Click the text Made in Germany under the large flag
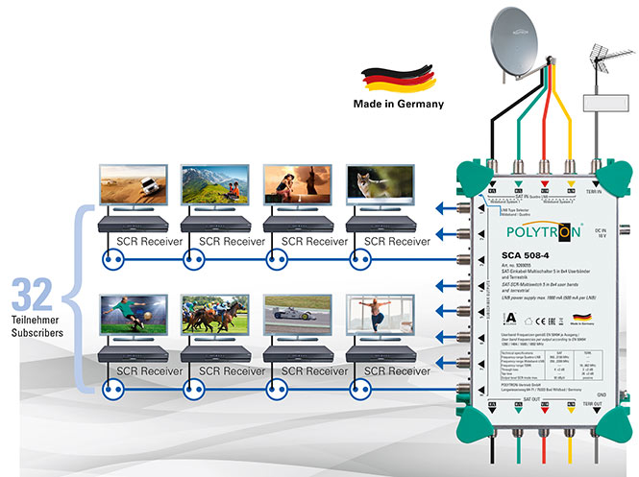pos(398,104)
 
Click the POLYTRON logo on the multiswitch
pos(531,231)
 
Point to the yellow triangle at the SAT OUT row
pos(572,406)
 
